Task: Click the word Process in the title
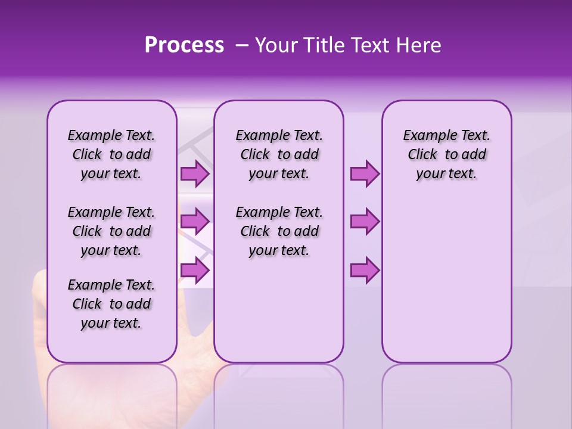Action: click(x=184, y=45)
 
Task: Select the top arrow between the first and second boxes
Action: click(x=195, y=174)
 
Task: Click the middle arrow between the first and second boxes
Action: click(x=195, y=222)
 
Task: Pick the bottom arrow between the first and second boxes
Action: click(x=195, y=270)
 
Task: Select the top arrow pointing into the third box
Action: click(x=365, y=174)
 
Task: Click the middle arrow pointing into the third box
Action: click(x=365, y=222)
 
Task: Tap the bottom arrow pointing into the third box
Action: click(x=365, y=270)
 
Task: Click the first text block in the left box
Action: click(x=111, y=154)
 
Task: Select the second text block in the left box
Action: click(x=111, y=231)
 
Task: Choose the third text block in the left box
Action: click(x=111, y=304)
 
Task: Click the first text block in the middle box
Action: click(x=279, y=154)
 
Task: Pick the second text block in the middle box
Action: click(x=279, y=231)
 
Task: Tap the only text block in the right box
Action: click(x=446, y=154)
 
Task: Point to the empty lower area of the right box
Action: click(x=446, y=286)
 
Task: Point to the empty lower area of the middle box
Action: click(x=279, y=310)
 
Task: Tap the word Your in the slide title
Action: click(x=275, y=45)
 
